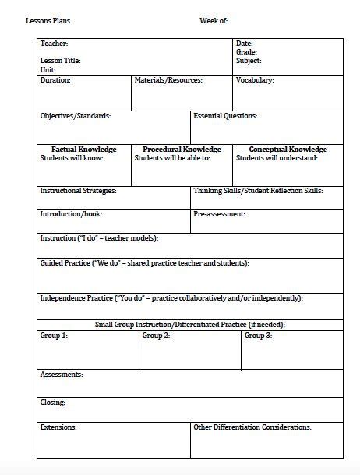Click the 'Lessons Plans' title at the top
(48, 21)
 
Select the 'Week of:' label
(214, 21)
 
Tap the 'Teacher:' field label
(54, 44)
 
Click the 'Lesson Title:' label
(60, 60)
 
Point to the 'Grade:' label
(246, 51)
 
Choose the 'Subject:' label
(249, 60)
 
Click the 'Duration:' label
(55, 79)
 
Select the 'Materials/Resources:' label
(168, 79)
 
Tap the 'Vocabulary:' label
(255, 79)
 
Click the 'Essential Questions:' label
(225, 116)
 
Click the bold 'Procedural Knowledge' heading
(182, 150)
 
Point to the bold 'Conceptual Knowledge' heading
(288, 150)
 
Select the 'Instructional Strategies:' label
(78, 190)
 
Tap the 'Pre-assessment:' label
(220, 213)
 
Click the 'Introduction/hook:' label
(71, 213)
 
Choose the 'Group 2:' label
(156, 336)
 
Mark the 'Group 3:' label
(258, 336)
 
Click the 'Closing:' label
(53, 403)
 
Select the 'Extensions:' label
(58, 427)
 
